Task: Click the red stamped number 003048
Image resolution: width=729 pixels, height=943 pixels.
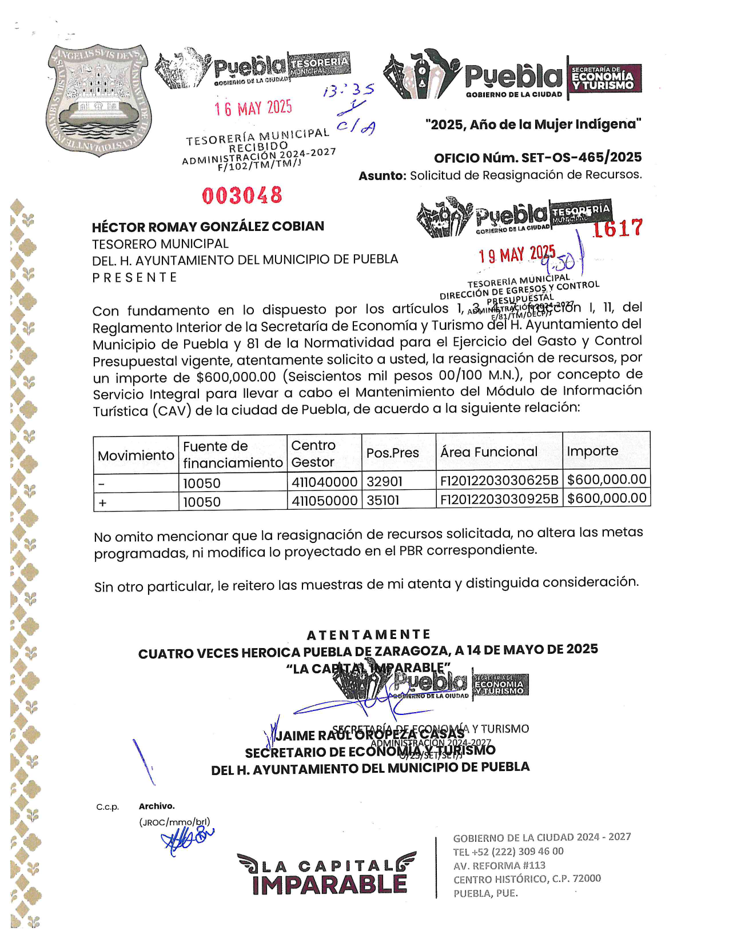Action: (x=242, y=195)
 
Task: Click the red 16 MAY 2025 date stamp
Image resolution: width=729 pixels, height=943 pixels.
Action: (x=253, y=107)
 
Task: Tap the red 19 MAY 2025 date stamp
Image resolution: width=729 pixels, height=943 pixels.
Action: (x=517, y=254)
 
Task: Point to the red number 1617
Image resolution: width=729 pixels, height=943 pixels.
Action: (x=618, y=229)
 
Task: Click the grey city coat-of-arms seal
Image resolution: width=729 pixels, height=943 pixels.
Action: (x=98, y=100)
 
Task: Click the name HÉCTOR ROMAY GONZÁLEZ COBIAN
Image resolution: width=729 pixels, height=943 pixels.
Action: (x=208, y=226)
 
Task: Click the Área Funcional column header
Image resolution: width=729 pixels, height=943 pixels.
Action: (x=489, y=451)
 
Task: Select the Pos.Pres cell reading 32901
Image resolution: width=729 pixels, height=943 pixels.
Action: (x=384, y=481)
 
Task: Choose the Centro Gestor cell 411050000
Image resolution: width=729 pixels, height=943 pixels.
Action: (x=324, y=501)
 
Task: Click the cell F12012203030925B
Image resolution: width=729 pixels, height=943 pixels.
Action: (x=499, y=499)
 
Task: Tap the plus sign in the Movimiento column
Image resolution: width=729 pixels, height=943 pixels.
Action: (x=103, y=502)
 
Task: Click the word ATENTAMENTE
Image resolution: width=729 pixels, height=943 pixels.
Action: (x=368, y=634)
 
